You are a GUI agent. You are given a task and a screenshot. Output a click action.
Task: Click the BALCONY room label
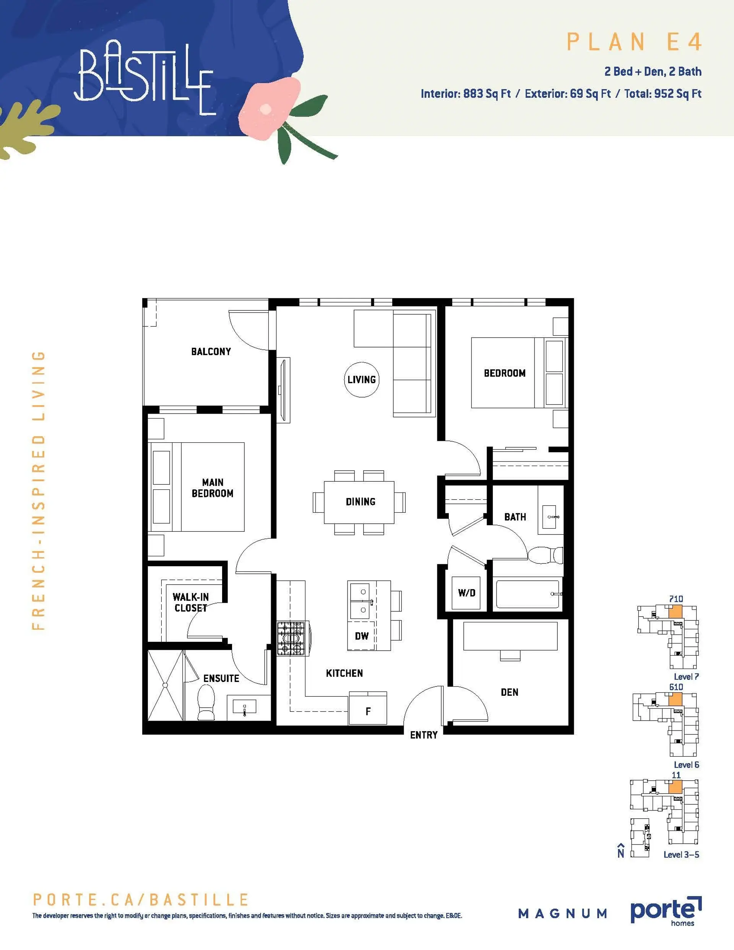pyautogui.click(x=211, y=351)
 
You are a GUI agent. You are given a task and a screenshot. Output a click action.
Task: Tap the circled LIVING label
pyautogui.click(x=362, y=380)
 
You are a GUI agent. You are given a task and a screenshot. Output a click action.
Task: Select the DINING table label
pyautogui.click(x=360, y=502)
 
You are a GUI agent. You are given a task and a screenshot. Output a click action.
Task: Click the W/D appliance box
pyautogui.click(x=466, y=593)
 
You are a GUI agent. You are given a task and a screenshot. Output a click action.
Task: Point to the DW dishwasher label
pyautogui.click(x=362, y=636)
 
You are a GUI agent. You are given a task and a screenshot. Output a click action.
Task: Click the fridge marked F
pyautogui.click(x=368, y=711)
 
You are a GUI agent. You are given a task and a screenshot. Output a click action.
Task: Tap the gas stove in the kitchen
pyautogui.click(x=292, y=638)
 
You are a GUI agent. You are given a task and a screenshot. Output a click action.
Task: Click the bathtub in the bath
pyautogui.click(x=527, y=594)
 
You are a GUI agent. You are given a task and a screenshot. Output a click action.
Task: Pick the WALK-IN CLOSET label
pyautogui.click(x=190, y=602)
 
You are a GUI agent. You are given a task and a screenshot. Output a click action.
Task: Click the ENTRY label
pyautogui.click(x=423, y=735)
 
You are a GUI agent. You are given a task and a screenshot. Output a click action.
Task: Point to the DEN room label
pyautogui.click(x=509, y=692)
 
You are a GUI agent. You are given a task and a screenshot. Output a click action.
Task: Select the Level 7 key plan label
pyautogui.click(x=686, y=677)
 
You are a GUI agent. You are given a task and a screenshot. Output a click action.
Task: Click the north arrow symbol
pyautogui.click(x=621, y=851)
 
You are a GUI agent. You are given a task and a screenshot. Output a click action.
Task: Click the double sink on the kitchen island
pyautogui.click(x=362, y=601)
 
